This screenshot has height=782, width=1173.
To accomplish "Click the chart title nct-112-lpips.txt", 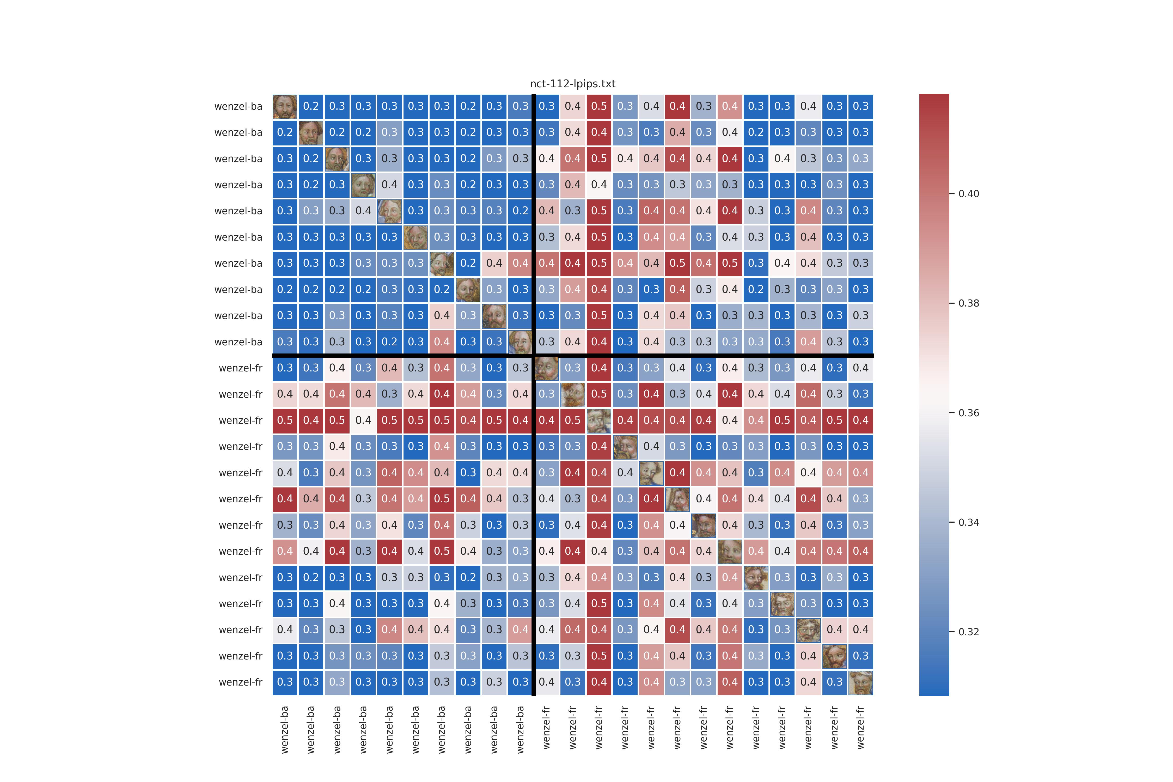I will pos(572,84).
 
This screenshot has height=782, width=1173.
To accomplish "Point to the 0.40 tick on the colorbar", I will pos(969,194).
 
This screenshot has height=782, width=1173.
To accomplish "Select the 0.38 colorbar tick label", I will pos(969,303).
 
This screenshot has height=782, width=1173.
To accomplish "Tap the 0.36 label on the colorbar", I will pos(969,413).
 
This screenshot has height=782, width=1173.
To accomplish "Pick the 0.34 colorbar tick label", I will pos(969,523).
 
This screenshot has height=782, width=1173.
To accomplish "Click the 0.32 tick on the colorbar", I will pos(969,632).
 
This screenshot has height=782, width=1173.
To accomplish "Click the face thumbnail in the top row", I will pos(285,106).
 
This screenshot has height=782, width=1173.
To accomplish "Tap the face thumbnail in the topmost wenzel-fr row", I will pos(547,368).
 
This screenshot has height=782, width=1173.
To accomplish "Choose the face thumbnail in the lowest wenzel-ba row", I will pos(520,342).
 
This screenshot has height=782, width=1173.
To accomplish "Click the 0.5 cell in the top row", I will pos(599,106).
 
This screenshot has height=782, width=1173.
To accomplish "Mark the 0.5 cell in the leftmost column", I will pos(285,420).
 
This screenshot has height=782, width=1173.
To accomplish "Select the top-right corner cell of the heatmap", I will pos(861,106).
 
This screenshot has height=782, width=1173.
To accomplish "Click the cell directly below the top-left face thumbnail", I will pos(285,132).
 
